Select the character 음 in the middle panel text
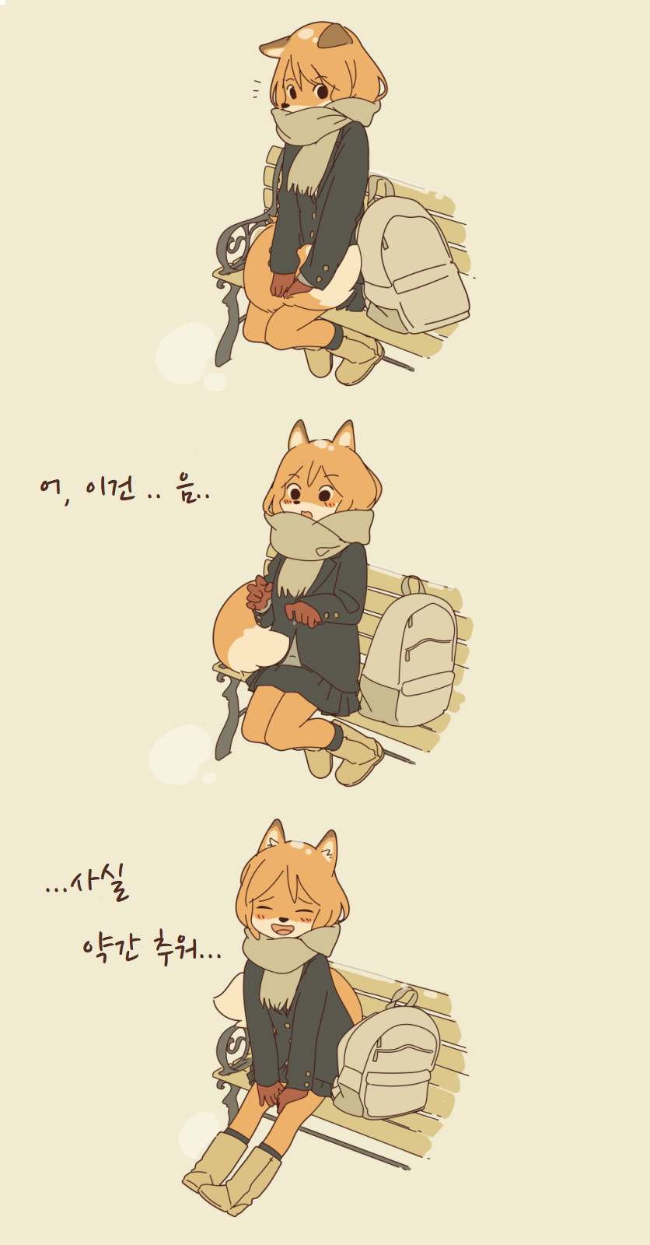click(187, 491)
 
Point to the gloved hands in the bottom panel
click(276, 1093)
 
